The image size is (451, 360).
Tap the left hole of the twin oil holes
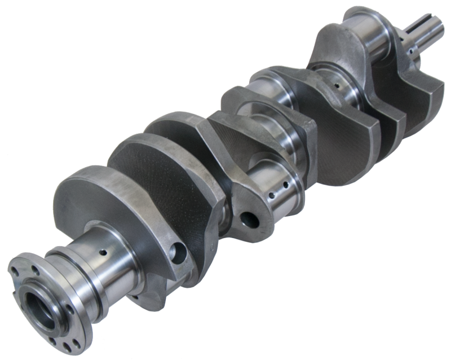tap(274, 195)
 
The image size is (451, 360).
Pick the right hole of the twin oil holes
tap(286, 185)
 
